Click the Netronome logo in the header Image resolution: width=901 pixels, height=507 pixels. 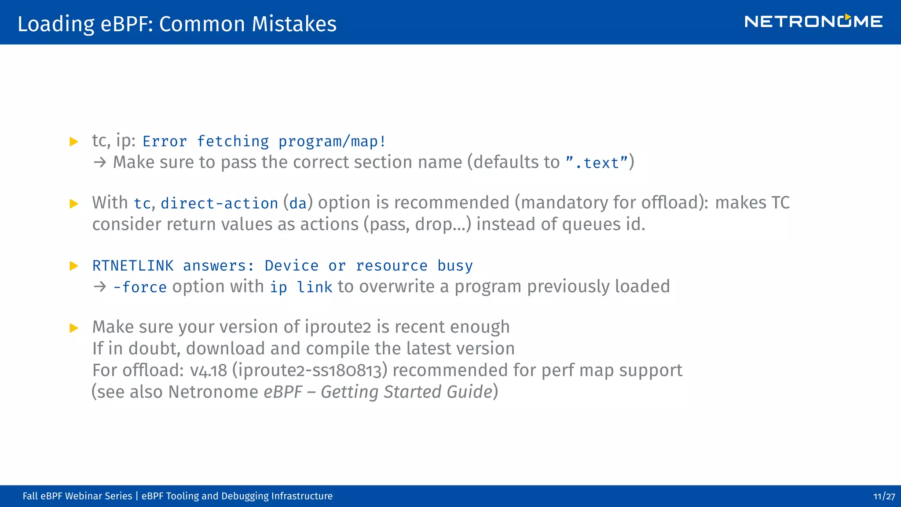[813, 22]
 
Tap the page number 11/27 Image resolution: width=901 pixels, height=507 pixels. [884, 496]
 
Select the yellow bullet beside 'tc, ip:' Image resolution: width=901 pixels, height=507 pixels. [74, 142]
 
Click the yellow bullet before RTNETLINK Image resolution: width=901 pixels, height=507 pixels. [74, 266]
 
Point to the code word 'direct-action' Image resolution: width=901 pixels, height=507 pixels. [219, 203]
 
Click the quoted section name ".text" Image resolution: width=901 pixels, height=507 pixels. [596, 163]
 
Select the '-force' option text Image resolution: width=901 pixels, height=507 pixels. [140, 287]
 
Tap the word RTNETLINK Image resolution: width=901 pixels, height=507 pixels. [133, 266]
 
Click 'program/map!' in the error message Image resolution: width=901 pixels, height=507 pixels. [332, 142]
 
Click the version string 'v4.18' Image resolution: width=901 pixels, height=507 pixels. [209, 371]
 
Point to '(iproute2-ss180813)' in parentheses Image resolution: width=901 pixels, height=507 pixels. [310, 371]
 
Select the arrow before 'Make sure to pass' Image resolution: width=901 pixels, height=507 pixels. [100, 162]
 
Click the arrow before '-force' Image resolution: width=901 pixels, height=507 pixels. [100, 287]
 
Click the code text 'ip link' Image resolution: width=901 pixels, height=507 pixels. [301, 287]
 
